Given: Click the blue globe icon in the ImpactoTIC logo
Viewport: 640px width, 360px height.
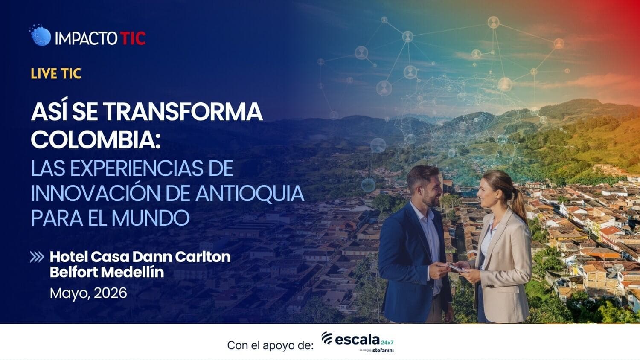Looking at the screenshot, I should (x=41, y=36).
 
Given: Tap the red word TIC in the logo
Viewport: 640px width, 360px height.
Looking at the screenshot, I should (x=133, y=38).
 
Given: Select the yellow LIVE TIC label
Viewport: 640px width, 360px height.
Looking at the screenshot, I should (x=56, y=74).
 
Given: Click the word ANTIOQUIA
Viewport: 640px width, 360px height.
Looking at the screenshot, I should (x=250, y=193).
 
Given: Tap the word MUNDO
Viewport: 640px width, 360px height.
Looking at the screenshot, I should (x=150, y=218).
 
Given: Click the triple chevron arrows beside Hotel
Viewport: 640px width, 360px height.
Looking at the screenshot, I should (x=37, y=257).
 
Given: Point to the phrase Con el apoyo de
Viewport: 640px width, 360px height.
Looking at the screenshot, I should (x=270, y=345).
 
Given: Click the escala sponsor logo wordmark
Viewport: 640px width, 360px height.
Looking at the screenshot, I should (x=357, y=340).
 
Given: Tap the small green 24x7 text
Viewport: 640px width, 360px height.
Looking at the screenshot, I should (x=387, y=342).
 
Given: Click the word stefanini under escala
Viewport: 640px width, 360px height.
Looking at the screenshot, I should (x=383, y=351).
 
